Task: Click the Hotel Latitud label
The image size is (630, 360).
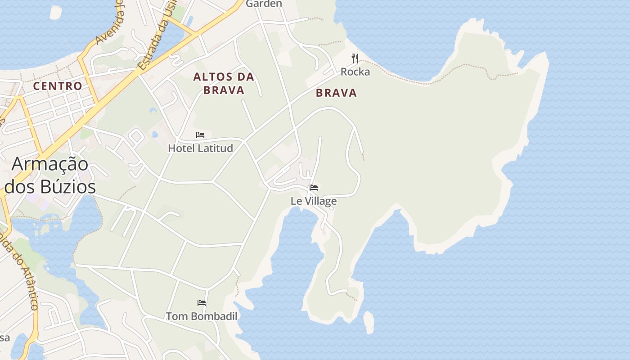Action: point(200,148)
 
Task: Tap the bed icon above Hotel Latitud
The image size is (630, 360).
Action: point(200,135)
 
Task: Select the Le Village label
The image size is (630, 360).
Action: point(314,201)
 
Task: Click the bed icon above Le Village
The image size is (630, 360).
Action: point(314,187)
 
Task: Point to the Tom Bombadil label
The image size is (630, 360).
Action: point(202,316)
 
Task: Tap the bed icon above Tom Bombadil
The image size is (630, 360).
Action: point(202,303)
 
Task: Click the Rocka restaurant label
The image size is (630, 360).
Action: point(355,72)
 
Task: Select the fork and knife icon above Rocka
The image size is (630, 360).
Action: point(355,58)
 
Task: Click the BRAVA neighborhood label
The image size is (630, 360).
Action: point(336,93)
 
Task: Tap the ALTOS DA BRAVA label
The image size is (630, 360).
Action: point(224,83)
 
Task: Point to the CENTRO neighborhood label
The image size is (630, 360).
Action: point(58,86)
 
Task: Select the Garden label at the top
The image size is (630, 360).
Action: point(264,4)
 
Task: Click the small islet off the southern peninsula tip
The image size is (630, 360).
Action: point(369,322)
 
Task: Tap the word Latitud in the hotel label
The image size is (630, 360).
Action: point(217,148)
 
